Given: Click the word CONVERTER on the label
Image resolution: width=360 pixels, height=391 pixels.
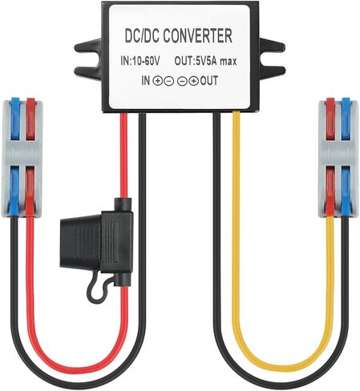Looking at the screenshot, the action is pyautogui.click(x=197, y=36).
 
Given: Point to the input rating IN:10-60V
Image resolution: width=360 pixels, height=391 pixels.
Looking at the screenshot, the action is pyautogui.click(x=140, y=61).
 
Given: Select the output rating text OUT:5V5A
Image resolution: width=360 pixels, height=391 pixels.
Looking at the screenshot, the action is pyautogui.click(x=196, y=61).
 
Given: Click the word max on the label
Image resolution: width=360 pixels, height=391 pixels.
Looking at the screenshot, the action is pyautogui.click(x=228, y=62).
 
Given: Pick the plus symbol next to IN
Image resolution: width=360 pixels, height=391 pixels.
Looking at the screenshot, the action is pyautogui.click(x=157, y=81).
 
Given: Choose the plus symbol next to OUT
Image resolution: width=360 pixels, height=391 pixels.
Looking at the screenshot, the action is pyautogui.click(x=193, y=81).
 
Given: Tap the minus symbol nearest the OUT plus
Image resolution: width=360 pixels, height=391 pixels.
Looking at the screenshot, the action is pyautogui.click(x=182, y=81).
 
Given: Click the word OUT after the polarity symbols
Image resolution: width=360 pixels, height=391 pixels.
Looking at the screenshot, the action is pyautogui.click(x=209, y=80).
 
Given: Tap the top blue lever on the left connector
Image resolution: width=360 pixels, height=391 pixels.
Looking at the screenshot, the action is pyautogui.click(x=15, y=119).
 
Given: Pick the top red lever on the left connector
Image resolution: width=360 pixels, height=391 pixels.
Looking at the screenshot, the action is pyautogui.click(x=30, y=119).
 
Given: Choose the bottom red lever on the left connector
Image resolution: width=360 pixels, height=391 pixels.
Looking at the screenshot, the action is pyautogui.click(x=30, y=191).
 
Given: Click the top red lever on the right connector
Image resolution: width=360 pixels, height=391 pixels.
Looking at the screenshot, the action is pyautogui.click(x=330, y=119).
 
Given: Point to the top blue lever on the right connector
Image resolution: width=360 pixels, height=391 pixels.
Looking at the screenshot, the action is pyautogui.click(x=346, y=119).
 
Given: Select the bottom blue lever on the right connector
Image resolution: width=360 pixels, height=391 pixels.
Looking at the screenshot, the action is pyautogui.click(x=346, y=191).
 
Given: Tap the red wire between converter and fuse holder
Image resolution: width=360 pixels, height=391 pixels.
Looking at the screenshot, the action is pyautogui.click(x=123, y=155).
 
